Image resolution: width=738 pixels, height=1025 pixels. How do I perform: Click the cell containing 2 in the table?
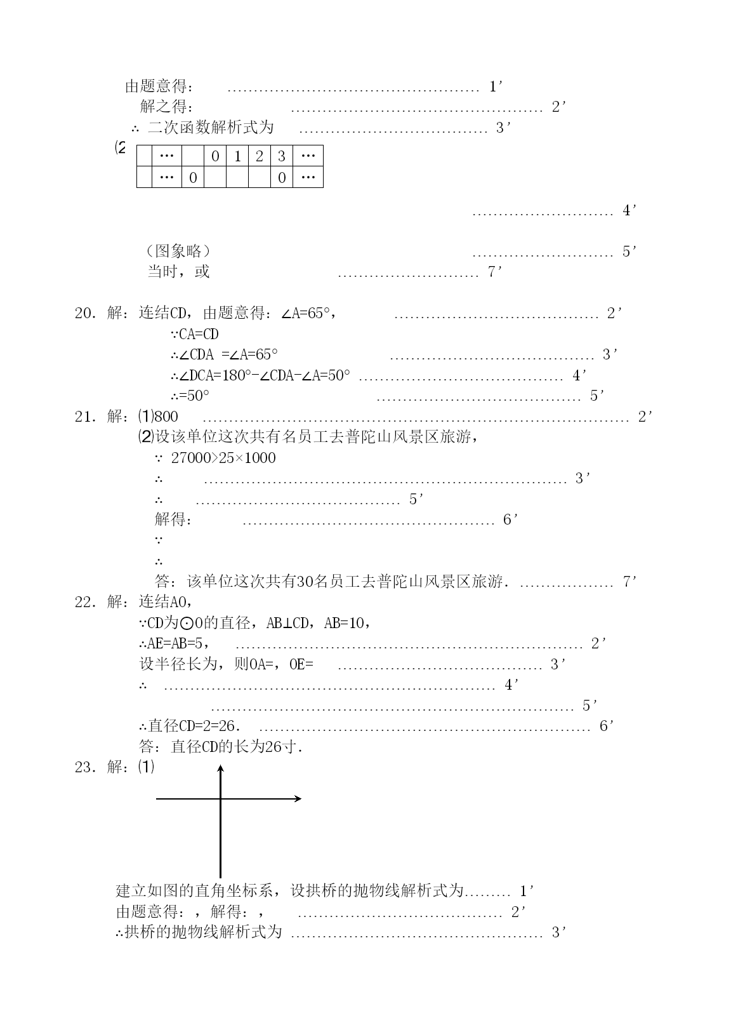coord(260,156)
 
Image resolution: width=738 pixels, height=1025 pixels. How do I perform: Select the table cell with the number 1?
coord(237,156)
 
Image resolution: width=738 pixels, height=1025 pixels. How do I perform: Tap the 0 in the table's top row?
coord(215,156)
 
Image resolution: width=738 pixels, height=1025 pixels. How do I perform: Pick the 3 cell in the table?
coord(282,156)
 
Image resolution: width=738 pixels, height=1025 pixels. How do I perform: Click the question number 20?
coord(86,313)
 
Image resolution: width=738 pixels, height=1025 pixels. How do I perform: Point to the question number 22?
coord(86,602)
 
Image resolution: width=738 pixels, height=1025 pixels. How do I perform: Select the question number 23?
coord(86,767)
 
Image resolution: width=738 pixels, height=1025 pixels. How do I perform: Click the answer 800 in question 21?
coord(166,417)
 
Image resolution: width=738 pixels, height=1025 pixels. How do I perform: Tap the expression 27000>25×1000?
coord(223,458)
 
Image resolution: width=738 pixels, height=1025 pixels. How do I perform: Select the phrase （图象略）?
coord(178,251)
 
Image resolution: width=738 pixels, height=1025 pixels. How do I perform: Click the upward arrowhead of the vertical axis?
coord(220,768)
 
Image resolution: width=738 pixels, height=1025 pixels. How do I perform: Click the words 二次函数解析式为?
coord(211,127)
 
